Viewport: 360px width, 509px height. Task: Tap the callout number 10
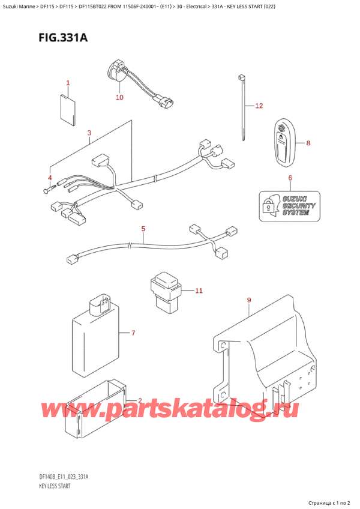pyautogui.click(x=119, y=97)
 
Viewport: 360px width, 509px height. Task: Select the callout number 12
pyautogui.click(x=259, y=107)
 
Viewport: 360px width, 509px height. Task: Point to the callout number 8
pyautogui.click(x=308, y=143)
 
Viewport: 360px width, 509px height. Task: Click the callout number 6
pyautogui.click(x=290, y=178)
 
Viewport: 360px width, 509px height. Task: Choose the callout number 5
pyautogui.click(x=143, y=229)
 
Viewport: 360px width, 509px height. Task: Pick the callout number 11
pyautogui.click(x=199, y=291)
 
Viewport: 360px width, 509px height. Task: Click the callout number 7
pyautogui.click(x=134, y=333)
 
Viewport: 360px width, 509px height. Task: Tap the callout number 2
pyautogui.click(x=139, y=401)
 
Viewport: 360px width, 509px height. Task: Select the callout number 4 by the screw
pyautogui.click(x=50, y=178)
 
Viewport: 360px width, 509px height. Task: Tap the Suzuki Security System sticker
pyautogui.click(x=289, y=205)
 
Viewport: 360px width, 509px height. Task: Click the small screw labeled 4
pyautogui.click(x=47, y=191)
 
